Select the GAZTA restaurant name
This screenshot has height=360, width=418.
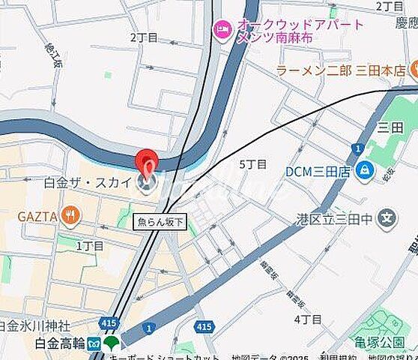click(x=37, y=217)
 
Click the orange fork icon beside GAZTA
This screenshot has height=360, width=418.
click(x=70, y=217)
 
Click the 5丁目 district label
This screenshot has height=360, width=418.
click(x=252, y=164)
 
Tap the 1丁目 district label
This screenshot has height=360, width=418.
click(x=91, y=245)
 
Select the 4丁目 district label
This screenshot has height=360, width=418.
click(x=307, y=319)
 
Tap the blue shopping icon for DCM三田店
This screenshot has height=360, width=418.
click(x=364, y=171)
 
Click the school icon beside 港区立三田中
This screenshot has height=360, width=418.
click(x=387, y=220)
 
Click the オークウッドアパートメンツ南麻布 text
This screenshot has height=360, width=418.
click(x=300, y=31)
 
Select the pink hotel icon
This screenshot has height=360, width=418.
click(x=222, y=30)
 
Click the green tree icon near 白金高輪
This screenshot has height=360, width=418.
click(x=112, y=343)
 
